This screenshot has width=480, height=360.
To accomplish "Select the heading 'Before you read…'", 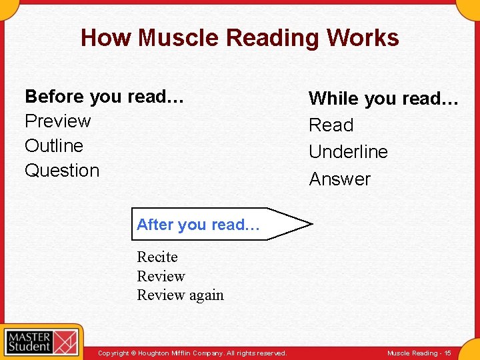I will tap(104, 97).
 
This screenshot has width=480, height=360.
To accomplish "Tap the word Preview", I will tap(57, 121).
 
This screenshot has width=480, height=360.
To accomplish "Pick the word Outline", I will tap(54, 146).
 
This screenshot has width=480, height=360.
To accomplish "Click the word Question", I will tap(62, 171).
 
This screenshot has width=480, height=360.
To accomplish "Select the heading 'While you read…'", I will tap(383, 99).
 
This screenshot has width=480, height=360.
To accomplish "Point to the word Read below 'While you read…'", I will tap(331, 125).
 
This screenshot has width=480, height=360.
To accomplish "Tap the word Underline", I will tap(348, 152).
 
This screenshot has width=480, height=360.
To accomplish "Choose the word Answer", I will tap(339, 179).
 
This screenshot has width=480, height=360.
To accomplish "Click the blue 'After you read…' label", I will tap(198, 225).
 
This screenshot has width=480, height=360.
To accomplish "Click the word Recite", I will tap(157, 257).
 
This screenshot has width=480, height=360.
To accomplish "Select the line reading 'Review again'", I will tap(180, 295).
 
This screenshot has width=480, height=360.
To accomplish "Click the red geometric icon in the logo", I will tap(65, 341).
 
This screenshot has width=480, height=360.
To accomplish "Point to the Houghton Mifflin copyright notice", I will tap(192, 353).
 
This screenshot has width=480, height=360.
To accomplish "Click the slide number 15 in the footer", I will tap(447, 353).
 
